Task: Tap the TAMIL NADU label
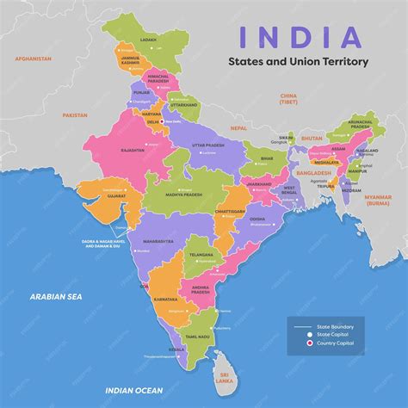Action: tap(198, 337)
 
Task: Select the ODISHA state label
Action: tap(258, 219)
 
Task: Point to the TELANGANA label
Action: tap(201, 255)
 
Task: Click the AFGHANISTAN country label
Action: tap(34, 58)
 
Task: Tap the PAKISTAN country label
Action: tap(76, 114)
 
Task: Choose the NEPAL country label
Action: tap(238, 127)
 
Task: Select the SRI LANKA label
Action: tap(226, 377)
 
